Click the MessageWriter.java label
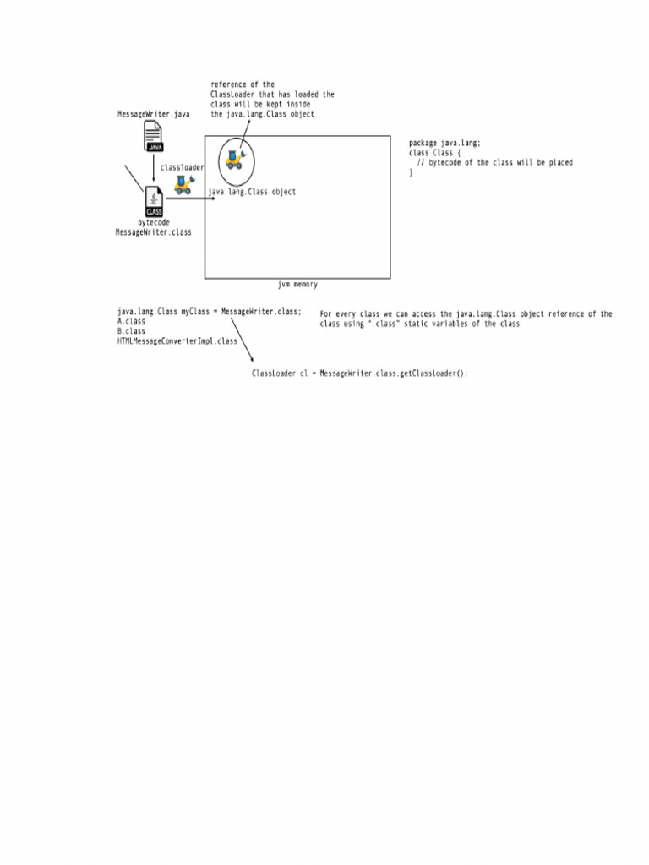(154, 114)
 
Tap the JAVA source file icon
(154, 136)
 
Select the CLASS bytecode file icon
(154, 201)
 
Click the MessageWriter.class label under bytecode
(154, 232)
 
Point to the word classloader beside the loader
(183, 167)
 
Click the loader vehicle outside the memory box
(183, 185)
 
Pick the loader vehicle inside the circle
(236, 160)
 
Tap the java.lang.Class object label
(252, 192)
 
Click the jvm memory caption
(297, 284)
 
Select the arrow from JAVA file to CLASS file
(154, 168)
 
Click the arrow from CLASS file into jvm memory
(190, 198)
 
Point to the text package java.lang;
(444, 143)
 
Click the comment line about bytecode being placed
(495, 163)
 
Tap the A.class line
(131, 321)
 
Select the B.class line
(131, 331)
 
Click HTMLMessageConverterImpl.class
(177, 341)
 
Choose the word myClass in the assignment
(195, 312)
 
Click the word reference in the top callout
(228, 84)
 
